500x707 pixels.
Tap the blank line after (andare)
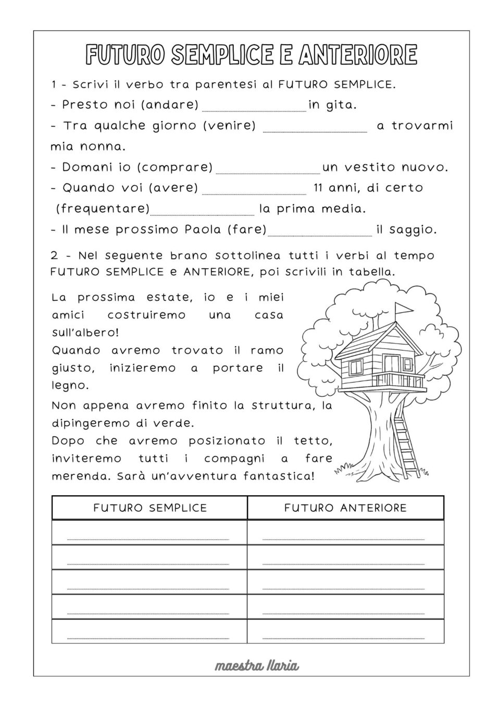(x=254, y=108)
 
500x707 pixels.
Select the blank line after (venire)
(x=315, y=129)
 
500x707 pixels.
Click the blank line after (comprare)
(x=268, y=170)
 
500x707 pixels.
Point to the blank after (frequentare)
(x=202, y=212)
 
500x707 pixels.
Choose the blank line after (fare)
(x=320, y=233)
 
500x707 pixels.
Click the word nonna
(x=103, y=147)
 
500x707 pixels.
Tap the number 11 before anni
(x=319, y=188)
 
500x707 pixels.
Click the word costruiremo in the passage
(x=146, y=315)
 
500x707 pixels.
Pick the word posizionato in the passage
(x=227, y=441)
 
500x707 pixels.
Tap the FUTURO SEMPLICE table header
(x=150, y=508)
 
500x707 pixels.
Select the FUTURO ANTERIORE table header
(x=345, y=508)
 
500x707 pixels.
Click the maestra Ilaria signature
(x=257, y=665)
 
